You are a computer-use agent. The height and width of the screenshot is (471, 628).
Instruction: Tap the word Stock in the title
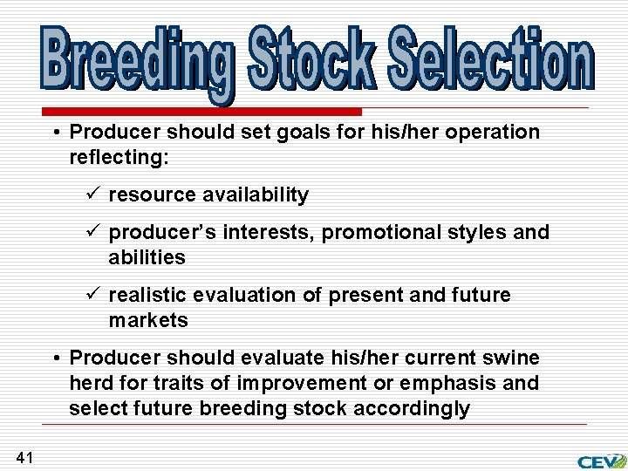coord(311,59)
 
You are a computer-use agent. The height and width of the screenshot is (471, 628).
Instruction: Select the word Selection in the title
coord(490,59)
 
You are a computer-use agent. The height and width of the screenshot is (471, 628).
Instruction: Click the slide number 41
coord(24,457)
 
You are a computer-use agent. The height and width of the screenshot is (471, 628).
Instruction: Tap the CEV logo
coord(601,461)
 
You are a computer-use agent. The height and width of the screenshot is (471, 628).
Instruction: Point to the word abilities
coord(147,258)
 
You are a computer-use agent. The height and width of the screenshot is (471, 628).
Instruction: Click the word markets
coord(148,321)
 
